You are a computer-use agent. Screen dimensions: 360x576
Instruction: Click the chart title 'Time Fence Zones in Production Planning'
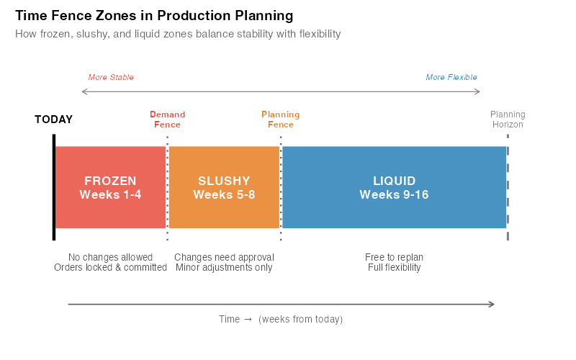(154, 16)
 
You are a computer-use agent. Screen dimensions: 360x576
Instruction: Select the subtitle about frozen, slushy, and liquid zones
(178, 34)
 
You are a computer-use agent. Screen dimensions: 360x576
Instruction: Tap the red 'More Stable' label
(111, 77)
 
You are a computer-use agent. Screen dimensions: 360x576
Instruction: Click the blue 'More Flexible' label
(451, 77)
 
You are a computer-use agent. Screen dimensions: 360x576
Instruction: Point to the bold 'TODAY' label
(54, 120)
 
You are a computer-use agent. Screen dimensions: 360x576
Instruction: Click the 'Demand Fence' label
(167, 120)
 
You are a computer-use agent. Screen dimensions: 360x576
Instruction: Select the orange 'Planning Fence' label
(281, 120)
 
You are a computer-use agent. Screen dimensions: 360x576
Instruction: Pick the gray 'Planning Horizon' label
(508, 120)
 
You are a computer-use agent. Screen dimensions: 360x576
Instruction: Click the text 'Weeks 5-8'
(224, 194)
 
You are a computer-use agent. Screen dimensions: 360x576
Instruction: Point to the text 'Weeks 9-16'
(395, 194)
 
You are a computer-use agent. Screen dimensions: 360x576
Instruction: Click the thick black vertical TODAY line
(54, 187)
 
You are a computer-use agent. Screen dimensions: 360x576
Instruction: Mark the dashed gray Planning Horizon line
(508, 187)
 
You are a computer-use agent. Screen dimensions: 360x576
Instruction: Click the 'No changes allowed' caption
(110, 257)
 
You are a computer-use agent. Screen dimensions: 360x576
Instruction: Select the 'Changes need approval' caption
(224, 257)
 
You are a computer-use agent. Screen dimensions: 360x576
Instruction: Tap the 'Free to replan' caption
(395, 257)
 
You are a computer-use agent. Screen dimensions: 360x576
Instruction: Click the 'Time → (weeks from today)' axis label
(281, 319)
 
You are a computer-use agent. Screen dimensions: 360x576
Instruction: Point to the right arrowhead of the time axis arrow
(492, 304)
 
